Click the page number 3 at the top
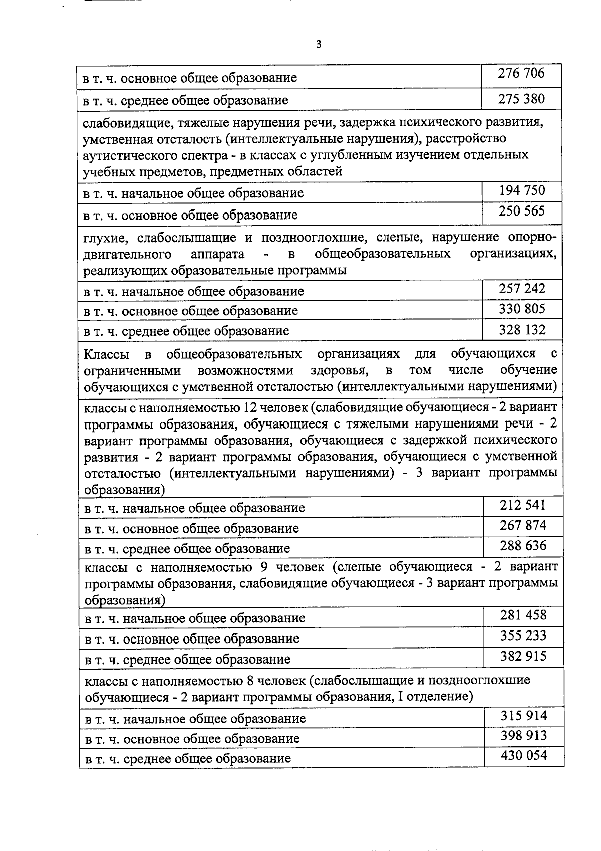[319, 45]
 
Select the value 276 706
[521, 74]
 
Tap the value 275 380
[521, 99]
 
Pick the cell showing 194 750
[522, 190]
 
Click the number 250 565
[521, 211]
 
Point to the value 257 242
[522, 289]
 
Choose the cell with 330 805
[522, 309]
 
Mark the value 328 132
[522, 330]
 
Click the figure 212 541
[522, 505]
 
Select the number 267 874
[523, 525]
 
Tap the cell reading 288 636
[523, 545]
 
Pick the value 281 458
[523, 615]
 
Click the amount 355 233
[523, 636]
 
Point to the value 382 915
[523, 656]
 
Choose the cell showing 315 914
[524, 715]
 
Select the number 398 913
[524, 736]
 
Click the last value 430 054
[524, 755]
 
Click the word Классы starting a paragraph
[106, 355]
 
